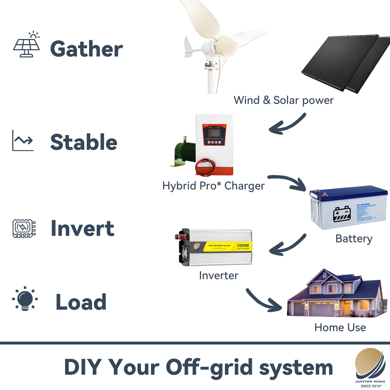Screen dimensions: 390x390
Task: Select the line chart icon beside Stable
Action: coord(23,141)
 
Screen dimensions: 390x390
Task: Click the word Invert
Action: coord(82,228)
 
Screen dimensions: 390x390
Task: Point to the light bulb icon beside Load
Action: coord(25,299)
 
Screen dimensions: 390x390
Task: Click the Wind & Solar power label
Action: coord(283,100)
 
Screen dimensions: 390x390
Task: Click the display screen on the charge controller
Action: coord(214,133)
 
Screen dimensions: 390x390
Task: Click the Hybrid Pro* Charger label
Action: coord(213,186)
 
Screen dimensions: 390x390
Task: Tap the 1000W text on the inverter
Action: coord(243,245)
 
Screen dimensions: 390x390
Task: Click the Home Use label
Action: coord(340,327)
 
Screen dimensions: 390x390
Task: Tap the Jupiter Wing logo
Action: coord(370,365)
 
